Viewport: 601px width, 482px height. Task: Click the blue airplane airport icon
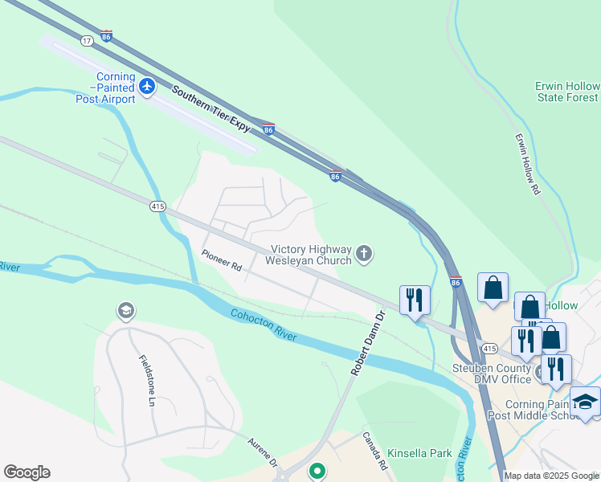[147, 86]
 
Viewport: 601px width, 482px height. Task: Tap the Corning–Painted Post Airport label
[104, 88]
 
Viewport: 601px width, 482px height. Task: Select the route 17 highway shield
[86, 39]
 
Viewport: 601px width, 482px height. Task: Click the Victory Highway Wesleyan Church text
[311, 255]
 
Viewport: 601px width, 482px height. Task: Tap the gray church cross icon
[364, 255]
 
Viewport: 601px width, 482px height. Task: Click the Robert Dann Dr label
[367, 344]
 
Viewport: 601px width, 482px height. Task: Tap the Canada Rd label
[374, 451]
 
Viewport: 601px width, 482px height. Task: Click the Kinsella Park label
[419, 453]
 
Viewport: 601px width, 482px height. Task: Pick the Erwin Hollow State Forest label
[567, 92]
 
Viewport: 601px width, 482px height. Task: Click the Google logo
[27, 472]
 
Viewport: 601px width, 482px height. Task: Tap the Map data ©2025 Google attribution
[552, 476]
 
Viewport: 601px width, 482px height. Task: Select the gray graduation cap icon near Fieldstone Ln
[125, 310]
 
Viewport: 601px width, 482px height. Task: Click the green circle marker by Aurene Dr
[317, 472]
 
